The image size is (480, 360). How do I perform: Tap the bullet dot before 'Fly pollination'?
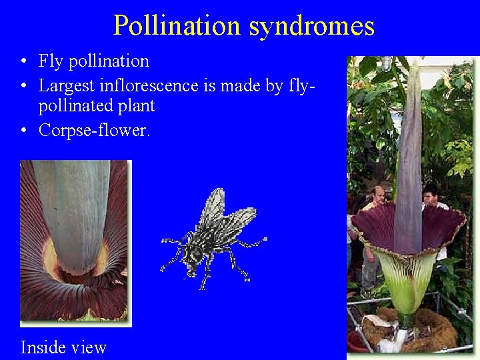(x=23, y=61)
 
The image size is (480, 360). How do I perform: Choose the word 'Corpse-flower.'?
(x=95, y=130)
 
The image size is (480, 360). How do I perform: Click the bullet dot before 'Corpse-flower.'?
(x=23, y=131)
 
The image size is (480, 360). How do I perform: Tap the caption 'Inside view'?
(x=63, y=347)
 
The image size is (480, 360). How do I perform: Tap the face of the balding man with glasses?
(x=379, y=197)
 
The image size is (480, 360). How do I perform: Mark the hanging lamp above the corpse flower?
(x=386, y=63)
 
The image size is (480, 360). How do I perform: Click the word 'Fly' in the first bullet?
(x=50, y=61)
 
